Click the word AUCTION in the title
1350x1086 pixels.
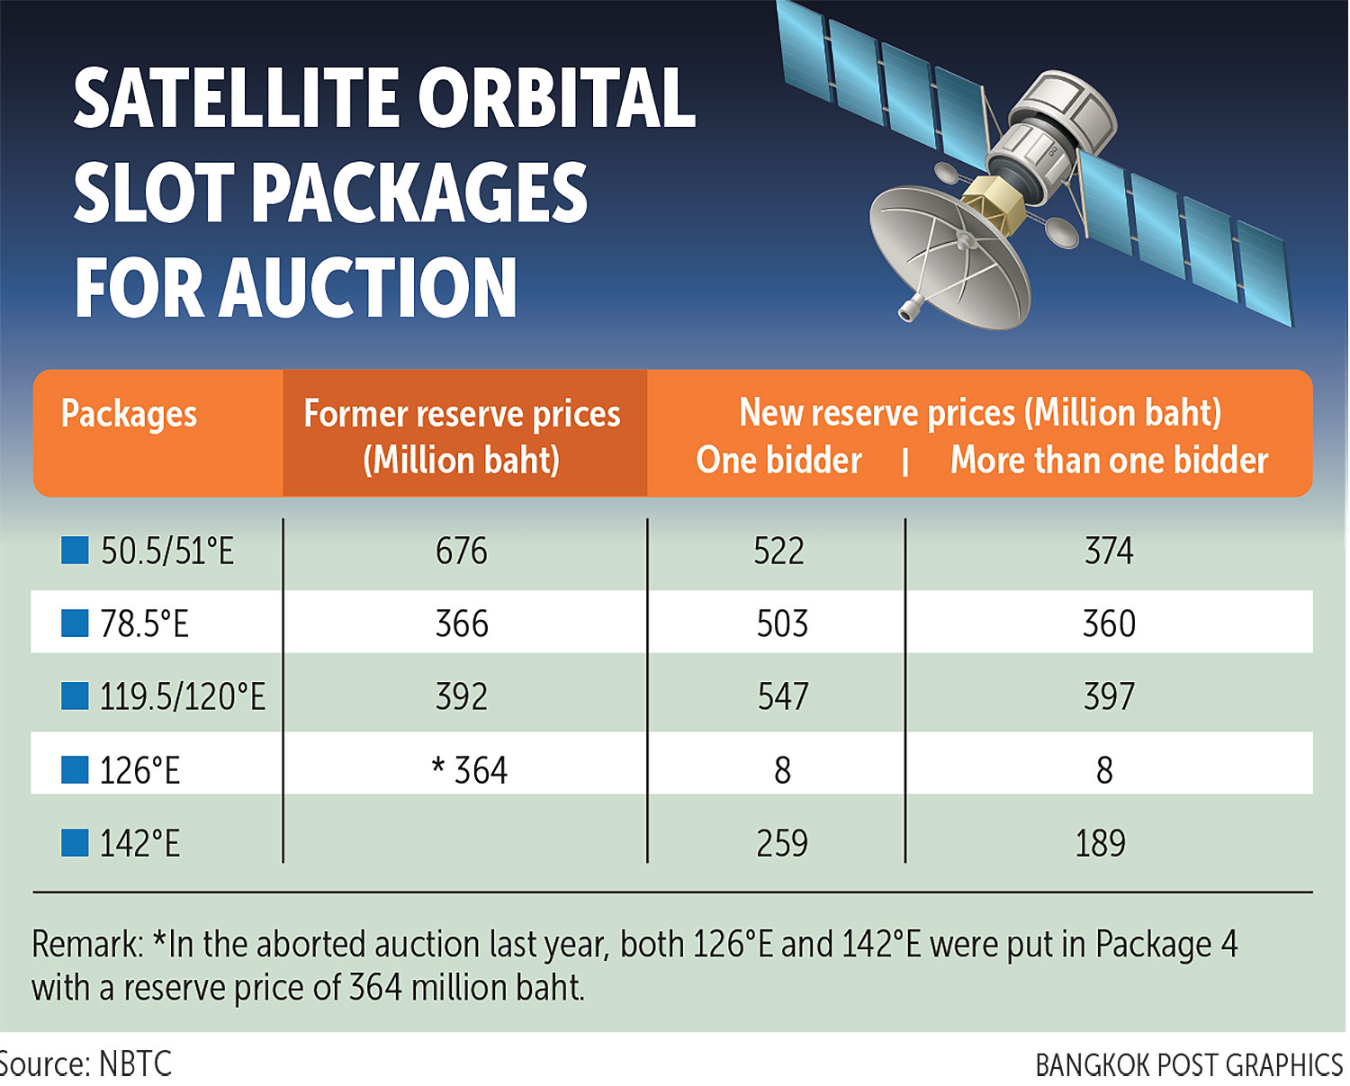(x=369, y=288)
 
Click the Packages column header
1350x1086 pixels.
(x=129, y=415)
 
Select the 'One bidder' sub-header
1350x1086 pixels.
(x=778, y=461)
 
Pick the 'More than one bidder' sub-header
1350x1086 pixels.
(x=1109, y=461)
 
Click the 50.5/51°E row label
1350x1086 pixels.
(x=166, y=551)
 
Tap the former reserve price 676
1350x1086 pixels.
(x=462, y=551)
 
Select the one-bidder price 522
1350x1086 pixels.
(x=778, y=551)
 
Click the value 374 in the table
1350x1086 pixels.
(x=1109, y=551)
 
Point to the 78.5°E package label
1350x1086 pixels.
(x=144, y=624)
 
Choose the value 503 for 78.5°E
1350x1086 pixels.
(x=782, y=624)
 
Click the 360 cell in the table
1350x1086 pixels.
(x=1109, y=624)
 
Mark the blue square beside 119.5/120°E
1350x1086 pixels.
(x=75, y=696)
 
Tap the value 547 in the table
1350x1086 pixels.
(x=782, y=696)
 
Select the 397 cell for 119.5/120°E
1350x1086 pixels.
(x=1109, y=696)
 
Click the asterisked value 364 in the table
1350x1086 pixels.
(x=471, y=770)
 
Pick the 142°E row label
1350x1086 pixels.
(x=139, y=844)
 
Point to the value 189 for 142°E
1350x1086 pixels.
(x=1100, y=844)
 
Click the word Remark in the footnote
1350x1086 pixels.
(x=86, y=945)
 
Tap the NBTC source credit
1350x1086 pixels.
(x=135, y=1064)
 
